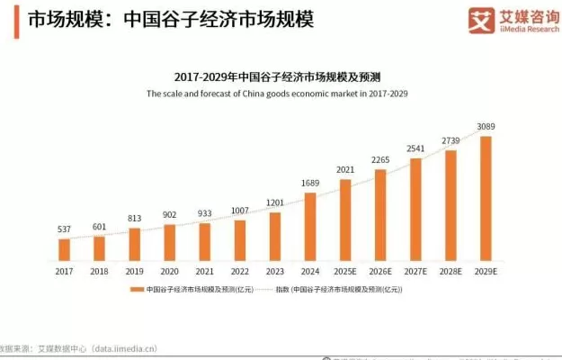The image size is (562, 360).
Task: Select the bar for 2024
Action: (x=310, y=226)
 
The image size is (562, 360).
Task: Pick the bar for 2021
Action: (x=205, y=241)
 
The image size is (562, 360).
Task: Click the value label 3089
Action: (x=486, y=127)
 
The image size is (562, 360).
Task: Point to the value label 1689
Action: (x=310, y=184)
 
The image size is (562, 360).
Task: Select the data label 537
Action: (x=64, y=229)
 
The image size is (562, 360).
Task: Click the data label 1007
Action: (x=240, y=211)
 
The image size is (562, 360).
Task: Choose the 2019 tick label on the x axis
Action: (x=134, y=270)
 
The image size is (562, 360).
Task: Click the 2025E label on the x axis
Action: (x=345, y=270)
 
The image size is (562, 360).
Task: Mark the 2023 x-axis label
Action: (x=275, y=270)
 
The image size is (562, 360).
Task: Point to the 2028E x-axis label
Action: (x=451, y=270)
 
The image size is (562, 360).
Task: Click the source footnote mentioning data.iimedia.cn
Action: (x=81, y=347)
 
